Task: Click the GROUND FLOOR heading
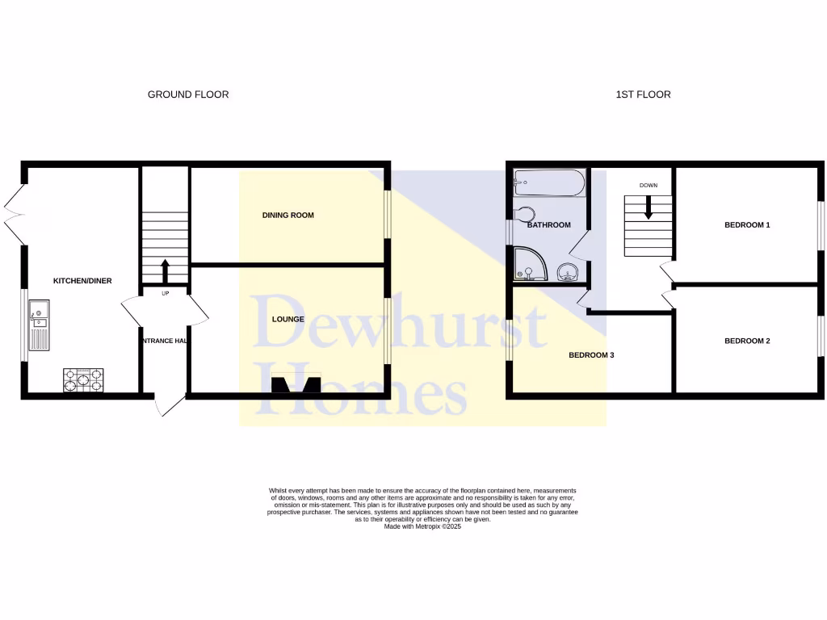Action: (x=187, y=94)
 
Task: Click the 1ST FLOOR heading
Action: (x=643, y=94)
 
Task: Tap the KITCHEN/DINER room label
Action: (x=82, y=281)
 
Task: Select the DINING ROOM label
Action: (x=288, y=216)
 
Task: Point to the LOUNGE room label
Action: (x=288, y=319)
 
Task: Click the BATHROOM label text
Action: (x=549, y=225)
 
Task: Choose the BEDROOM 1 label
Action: (x=746, y=225)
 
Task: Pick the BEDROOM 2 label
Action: (x=746, y=341)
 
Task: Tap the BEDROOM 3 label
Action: (x=592, y=355)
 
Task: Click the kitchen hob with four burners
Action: (x=84, y=379)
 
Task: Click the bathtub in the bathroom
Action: (x=548, y=183)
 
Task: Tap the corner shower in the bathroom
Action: (x=530, y=265)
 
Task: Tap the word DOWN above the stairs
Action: (x=649, y=186)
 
